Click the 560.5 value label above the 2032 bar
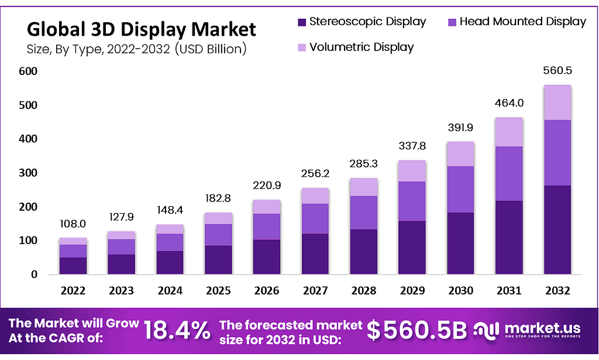tap(557, 71)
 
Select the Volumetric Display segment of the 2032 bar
tap(557, 102)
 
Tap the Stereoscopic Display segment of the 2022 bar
tap(73, 266)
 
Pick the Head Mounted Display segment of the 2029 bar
tap(412, 201)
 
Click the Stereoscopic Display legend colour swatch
tap(302, 22)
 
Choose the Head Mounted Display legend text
tap(522, 22)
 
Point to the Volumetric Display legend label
tap(362, 47)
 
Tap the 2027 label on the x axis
tap(315, 290)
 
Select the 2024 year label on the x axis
tap(170, 290)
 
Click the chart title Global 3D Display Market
tap(141, 29)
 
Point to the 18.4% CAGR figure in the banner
tap(177, 331)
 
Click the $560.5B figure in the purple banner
tap(417, 331)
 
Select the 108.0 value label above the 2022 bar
tap(73, 224)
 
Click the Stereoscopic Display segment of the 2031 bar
tap(509, 237)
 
